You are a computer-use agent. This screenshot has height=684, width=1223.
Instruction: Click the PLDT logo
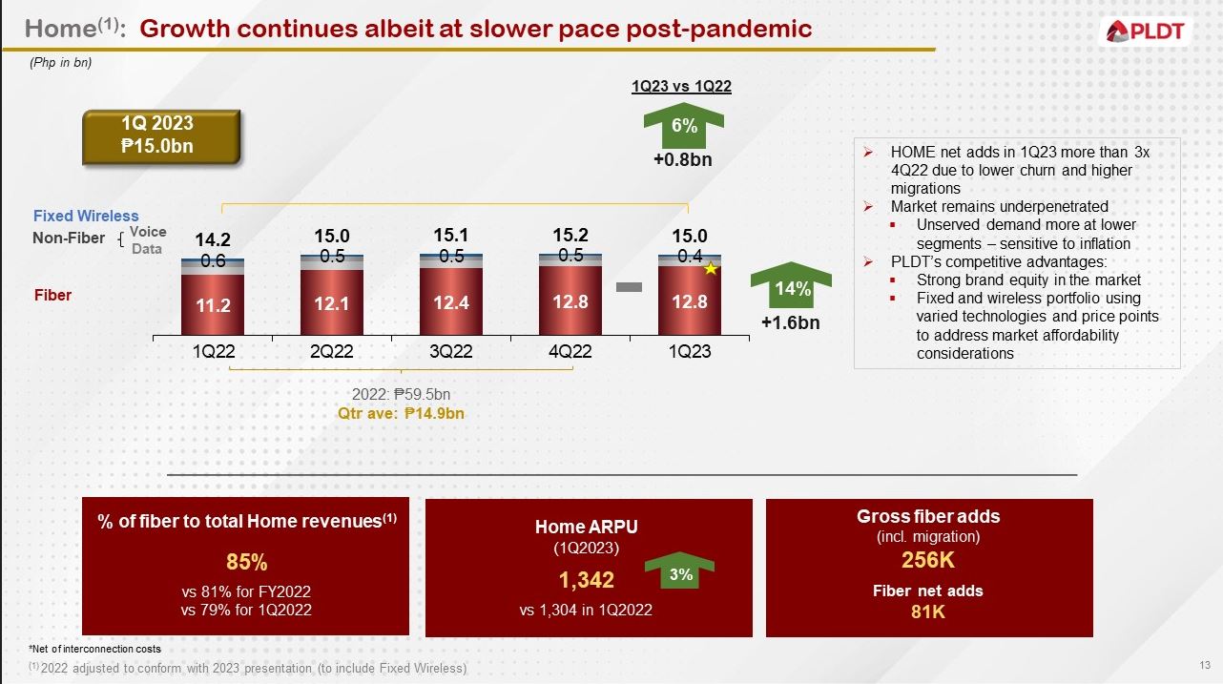pyautogui.click(x=1147, y=31)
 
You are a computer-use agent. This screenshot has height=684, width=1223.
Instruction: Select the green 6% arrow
pyautogui.click(x=684, y=127)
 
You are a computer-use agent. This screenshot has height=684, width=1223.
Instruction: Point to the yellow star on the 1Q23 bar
pyautogui.click(x=710, y=270)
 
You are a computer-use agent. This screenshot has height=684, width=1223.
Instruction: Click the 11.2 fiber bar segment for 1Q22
pyautogui.click(x=213, y=305)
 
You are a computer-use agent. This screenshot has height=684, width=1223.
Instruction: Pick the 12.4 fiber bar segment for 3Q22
pyautogui.click(x=451, y=302)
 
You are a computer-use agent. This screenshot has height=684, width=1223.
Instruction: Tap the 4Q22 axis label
pyautogui.click(x=570, y=351)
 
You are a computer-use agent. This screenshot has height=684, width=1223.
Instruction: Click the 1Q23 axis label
pyautogui.click(x=689, y=351)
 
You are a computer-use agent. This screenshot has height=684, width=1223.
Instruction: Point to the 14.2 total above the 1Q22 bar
pyautogui.click(x=213, y=240)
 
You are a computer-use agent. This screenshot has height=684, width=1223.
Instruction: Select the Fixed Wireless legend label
pyautogui.click(x=86, y=217)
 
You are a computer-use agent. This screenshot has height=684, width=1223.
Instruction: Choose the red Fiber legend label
pyautogui.click(x=52, y=296)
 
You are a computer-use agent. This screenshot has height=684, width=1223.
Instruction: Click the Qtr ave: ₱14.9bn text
pyautogui.click(x=401, y=414)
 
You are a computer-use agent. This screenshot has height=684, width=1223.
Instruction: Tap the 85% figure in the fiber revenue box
pyautogui.click(x=246, y=561)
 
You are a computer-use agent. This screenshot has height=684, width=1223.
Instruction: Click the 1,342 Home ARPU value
pyautogui.click(x=586, y=579)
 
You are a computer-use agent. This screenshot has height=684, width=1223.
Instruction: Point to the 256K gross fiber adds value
pyautogui.click(x=928, y=560)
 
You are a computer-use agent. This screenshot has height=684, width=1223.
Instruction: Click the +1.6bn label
pyautogui.click(x=790, y=322)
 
